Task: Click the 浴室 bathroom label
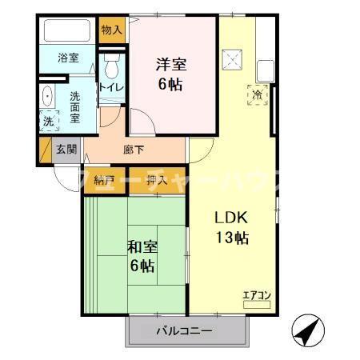[x=68, y=58]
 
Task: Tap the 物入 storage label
[x=112, y=30]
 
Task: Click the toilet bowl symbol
[x=111, y=63]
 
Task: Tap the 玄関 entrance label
[x=66, y=149]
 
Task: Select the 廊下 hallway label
[x=134, y=149]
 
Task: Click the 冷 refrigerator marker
[x=257, y=94]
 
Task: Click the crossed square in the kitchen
[x=234, y=58]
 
